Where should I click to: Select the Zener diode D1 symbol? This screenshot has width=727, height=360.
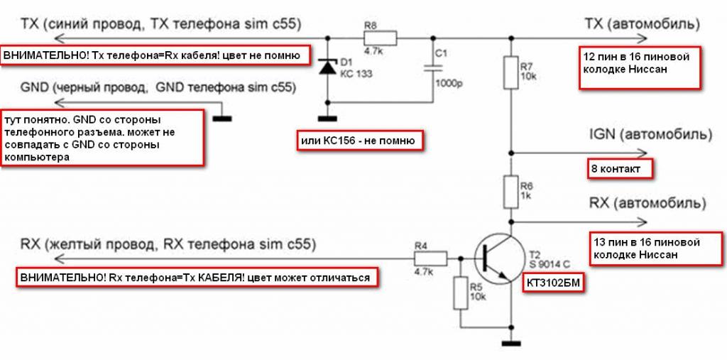coord(327,67)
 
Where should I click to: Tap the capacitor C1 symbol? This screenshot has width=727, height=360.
coord(432,67)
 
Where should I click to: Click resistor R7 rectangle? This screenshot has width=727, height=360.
coord(510,72)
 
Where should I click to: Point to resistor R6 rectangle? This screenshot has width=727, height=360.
coord(510,190)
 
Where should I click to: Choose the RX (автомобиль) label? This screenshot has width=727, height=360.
coord(647,204)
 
